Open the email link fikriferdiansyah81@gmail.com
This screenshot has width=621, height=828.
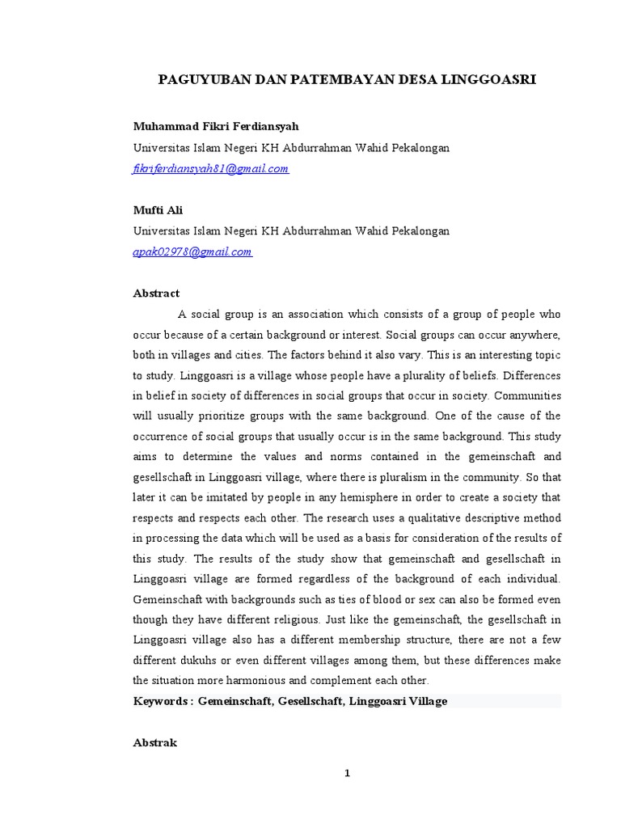click(211, 169)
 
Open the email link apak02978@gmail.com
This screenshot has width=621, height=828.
click(192, 251)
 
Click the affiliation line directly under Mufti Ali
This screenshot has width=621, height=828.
click(291, 231)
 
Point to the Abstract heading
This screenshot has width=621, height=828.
click(156, 294)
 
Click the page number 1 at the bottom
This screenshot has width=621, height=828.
click(348, 773)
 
